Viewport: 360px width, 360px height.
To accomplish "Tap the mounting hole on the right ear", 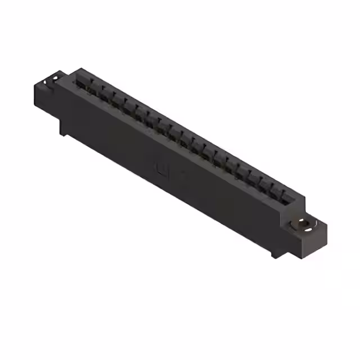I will pos(304,225).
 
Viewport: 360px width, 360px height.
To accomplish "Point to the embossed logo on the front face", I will pos(161,168).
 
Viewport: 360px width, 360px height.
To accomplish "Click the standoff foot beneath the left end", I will pos(64,129).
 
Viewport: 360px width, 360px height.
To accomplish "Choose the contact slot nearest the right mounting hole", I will pos(289,197).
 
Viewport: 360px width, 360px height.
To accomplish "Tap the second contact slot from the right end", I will pos(277,192).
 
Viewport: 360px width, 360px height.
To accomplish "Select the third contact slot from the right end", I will pos(265,185).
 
